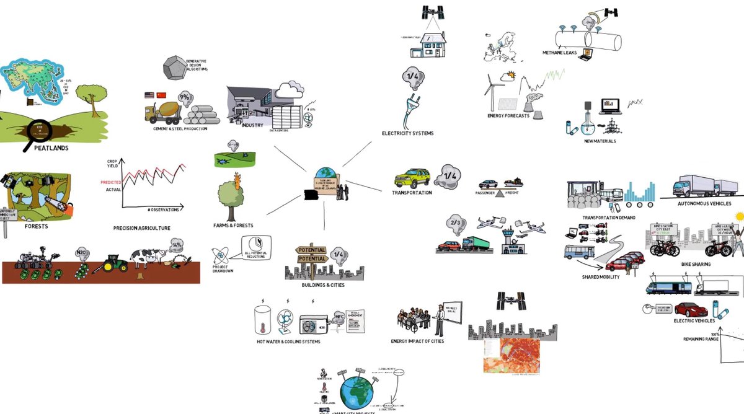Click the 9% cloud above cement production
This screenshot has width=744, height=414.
click(x=185, y=97)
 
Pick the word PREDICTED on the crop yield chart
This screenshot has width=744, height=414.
click(x=111, y=182)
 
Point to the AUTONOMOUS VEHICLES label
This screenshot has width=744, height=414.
click(x=704, y=203)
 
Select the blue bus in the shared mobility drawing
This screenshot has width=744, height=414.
click(x=578, y=252)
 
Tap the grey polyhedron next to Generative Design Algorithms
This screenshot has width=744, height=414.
click(x=175, y=69)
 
